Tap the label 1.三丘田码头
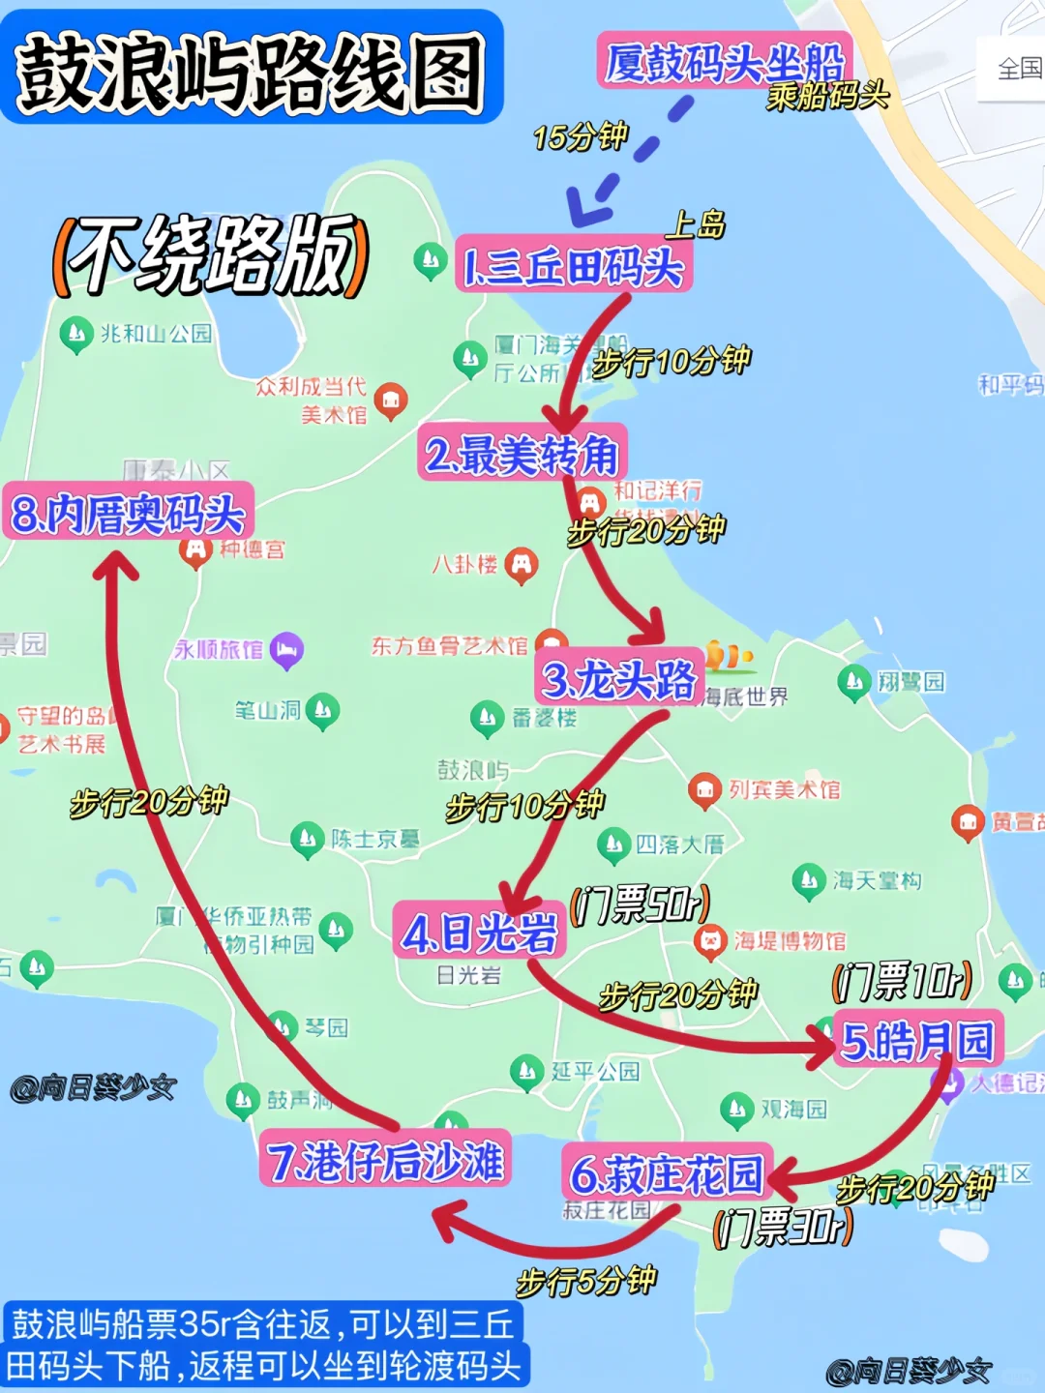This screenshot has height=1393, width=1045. pos(574,264)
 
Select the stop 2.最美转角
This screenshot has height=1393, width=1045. pos(522,453)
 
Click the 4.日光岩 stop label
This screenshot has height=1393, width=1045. pos(480,932)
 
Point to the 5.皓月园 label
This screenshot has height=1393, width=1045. pos(917,1041)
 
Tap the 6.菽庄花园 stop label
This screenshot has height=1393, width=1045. pos(666,1173)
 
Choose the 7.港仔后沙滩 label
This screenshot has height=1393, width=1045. pos(385,1159)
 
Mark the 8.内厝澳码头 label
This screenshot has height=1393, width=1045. pos(128,512)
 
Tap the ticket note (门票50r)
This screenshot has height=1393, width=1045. pos(641,904)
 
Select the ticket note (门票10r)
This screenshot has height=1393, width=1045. pos(902,981)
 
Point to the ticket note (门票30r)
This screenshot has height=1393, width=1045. pos(783,1227)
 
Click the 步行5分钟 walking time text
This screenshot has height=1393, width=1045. pos(586,1281)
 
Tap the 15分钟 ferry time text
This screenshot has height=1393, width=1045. pos(581,136)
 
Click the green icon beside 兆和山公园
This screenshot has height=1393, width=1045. pos(75,335)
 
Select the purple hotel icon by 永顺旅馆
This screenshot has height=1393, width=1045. pos(286,649)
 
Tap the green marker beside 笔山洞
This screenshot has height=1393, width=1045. pos(322,712)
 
